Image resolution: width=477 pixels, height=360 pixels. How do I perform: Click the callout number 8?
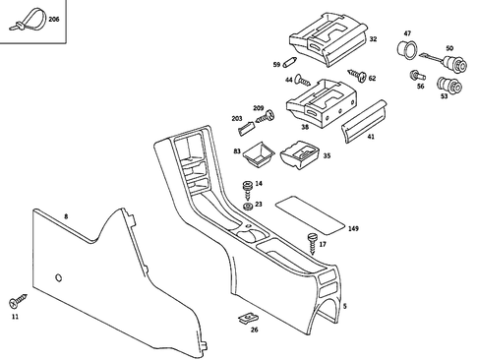[x=66, y=214]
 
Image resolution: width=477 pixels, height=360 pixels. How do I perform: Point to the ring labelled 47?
[x=403, y=49]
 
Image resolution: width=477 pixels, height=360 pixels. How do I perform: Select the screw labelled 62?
[x=359, y=75]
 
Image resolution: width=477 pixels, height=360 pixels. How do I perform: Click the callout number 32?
[x=374, y=38]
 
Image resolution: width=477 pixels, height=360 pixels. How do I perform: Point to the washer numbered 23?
[x=247, y=205]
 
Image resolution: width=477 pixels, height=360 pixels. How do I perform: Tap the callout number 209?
[x=258, y=107]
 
